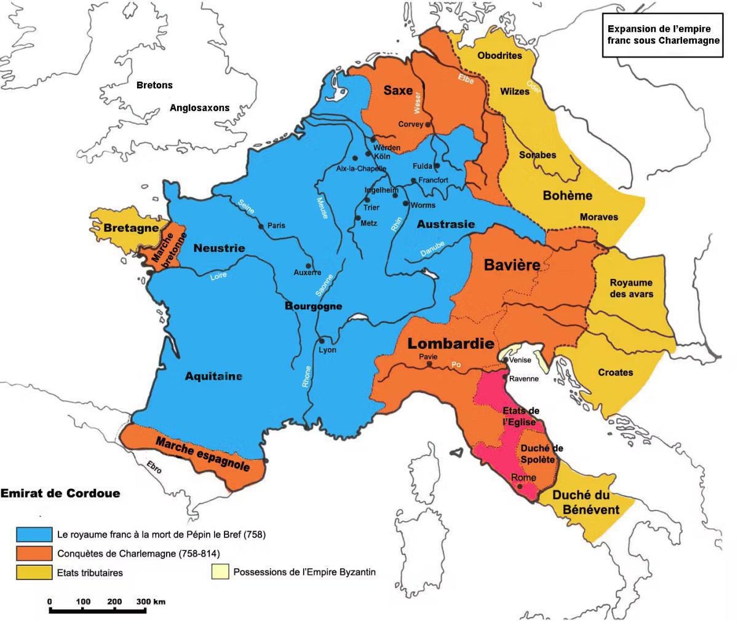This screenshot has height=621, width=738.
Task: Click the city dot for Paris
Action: coord(261,226)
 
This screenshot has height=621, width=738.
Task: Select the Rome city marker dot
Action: coord(520,486)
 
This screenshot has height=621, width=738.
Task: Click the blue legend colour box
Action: coord(34,534)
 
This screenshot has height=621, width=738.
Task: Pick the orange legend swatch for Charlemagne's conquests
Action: coord(34,553)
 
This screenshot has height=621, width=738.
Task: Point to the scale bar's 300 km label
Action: coord(151,601)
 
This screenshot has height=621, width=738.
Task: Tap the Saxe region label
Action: coord(398,90)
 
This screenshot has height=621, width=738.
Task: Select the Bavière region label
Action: coord(512,265)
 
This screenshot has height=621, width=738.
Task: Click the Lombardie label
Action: coord(451,343)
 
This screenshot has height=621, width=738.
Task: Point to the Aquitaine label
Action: coord(213,377)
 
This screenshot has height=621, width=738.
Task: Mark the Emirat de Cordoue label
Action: coord(60,493)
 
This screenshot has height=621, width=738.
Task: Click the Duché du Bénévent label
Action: coord(585,502)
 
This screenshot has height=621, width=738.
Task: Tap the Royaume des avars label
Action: coord(631,288)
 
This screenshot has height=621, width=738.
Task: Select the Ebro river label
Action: coord(154,467)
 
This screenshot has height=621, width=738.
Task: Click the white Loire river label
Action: coord(218,276)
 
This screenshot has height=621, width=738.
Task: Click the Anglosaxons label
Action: coord(199,108)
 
